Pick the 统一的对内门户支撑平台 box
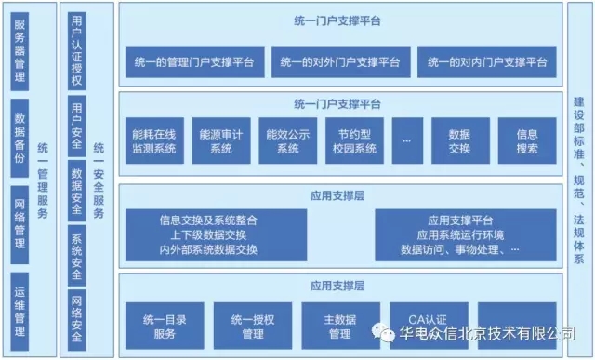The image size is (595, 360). pos(487,63)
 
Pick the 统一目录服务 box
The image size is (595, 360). pos(165,326)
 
